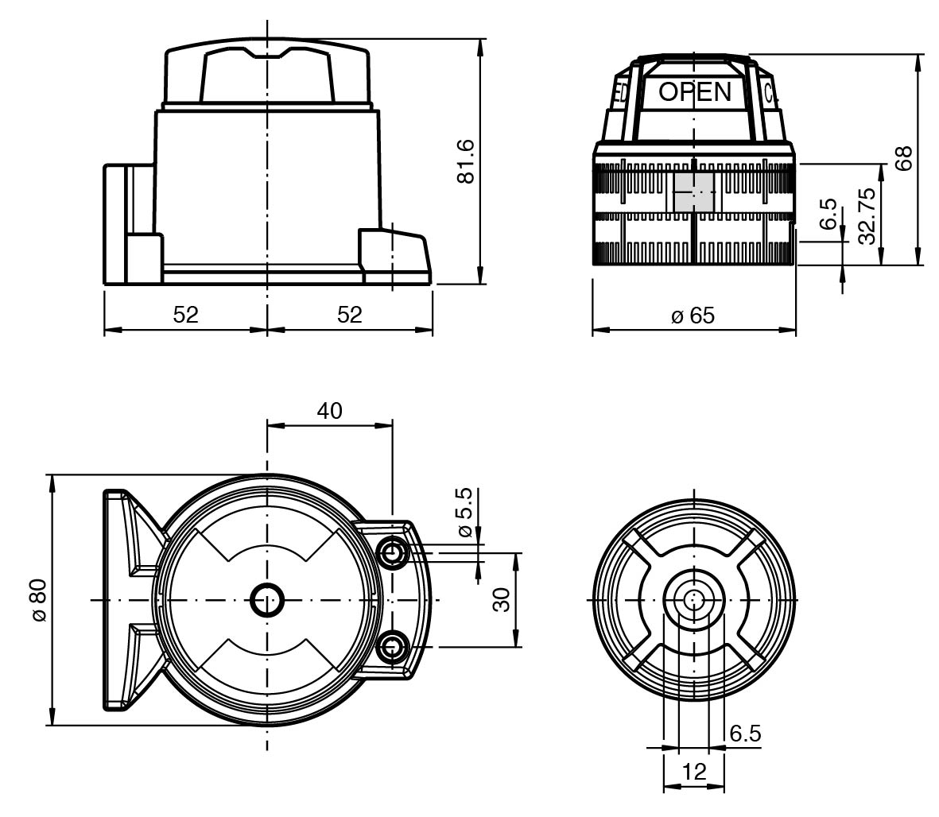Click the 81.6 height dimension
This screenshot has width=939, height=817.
[x=465, y=161]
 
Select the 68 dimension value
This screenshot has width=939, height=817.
[x=902, y=158]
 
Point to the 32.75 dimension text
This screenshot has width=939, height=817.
[x=866, y=214]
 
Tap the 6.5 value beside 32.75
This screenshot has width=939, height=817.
[x=828, y=215]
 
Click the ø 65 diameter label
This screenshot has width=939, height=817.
[x=693, y=316]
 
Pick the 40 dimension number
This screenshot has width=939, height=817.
[x=329, y=410]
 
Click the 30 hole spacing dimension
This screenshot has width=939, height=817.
[x=500, y=600]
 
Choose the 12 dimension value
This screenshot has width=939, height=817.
[x=693, y=770]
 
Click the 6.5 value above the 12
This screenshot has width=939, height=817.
[x=745, y=734]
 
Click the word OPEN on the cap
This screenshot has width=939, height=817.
[x=694, y=92]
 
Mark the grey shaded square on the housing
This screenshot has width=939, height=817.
[x=693, y=192]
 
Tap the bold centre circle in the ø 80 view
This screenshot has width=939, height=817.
[x=267, y=600]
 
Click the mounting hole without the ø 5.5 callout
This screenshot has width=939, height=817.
[x=390, y=648]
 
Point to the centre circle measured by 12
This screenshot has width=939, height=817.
[x=693, y=599]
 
